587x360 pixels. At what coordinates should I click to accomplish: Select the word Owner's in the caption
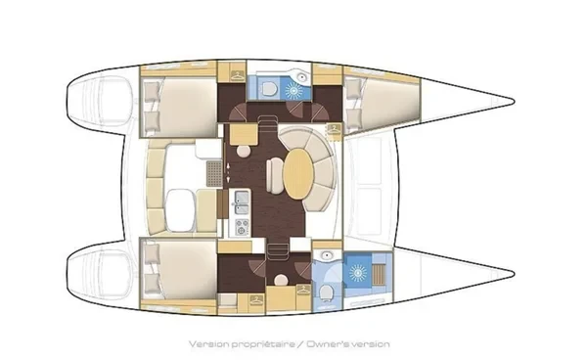(326, 344)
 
